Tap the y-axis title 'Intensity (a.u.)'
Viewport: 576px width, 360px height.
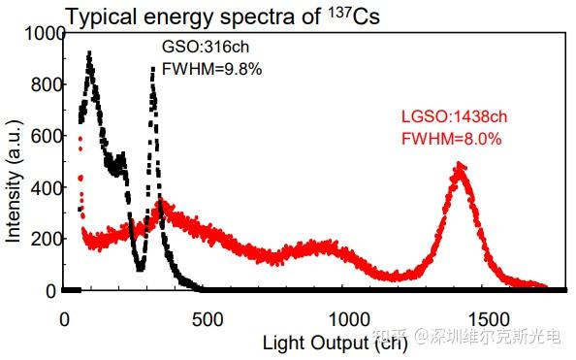(14, 188)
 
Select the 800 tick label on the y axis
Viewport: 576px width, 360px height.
(40, 84)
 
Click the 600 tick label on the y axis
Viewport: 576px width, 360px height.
(40, 136)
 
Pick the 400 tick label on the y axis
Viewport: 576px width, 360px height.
(40, 187)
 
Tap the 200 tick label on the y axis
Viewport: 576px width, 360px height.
(40, 239)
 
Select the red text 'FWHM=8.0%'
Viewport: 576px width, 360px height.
(451, 139)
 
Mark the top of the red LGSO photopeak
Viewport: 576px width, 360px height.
(460, 166)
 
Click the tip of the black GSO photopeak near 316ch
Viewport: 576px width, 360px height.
(153, 68)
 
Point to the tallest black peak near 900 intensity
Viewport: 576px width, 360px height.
(89, 53)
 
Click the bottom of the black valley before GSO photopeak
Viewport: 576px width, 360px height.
(140, 269)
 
